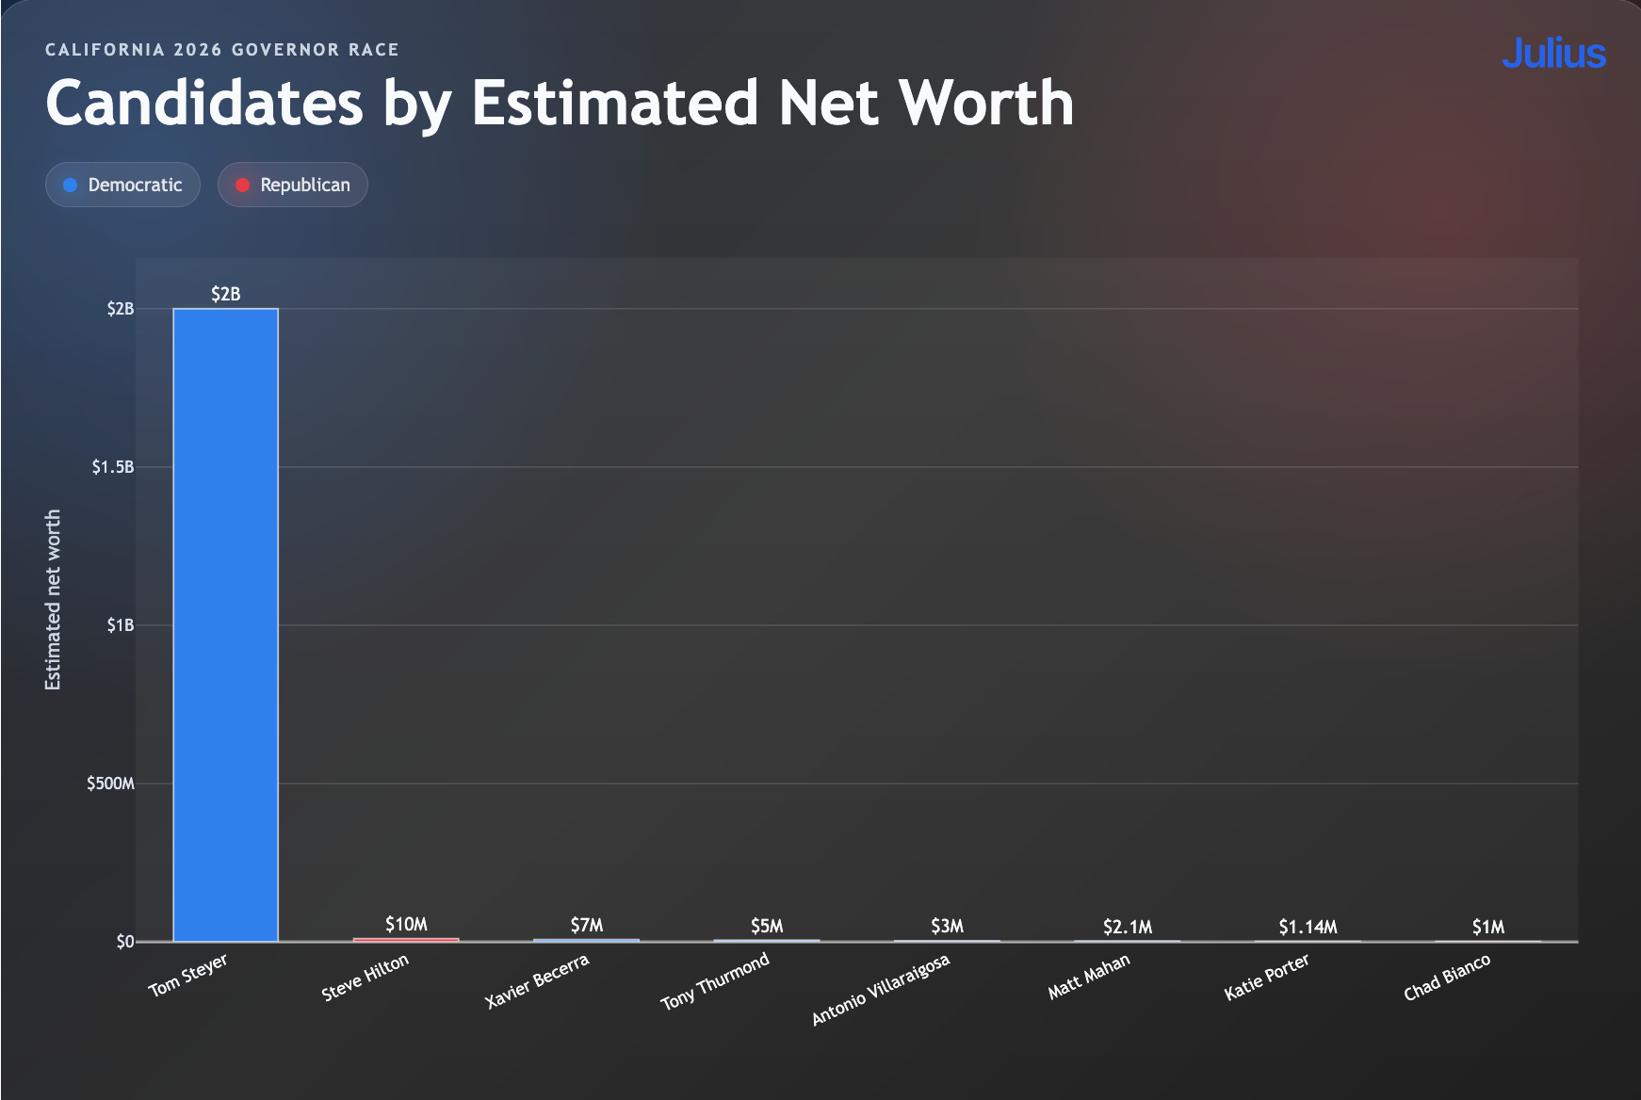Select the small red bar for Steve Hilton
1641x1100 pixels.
coord(406,939)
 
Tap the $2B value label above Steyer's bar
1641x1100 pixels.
coord(226,294)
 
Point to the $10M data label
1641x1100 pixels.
coord(406,924)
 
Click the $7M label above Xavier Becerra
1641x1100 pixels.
coord(587,925)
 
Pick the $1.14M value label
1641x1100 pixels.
coord(1308,927)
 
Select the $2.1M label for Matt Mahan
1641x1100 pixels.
coord(1128,927)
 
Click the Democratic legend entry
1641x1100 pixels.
coord(122,185)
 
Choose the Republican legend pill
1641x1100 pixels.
coord(293,185)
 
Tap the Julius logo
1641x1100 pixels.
coord(1553,54)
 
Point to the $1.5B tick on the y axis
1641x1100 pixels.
coord(113,467)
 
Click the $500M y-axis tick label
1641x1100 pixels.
coord(110,784)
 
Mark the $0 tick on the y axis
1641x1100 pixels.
coord(125,942)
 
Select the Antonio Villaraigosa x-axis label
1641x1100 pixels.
coord(881,989)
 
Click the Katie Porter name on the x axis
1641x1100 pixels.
coord(1267,978)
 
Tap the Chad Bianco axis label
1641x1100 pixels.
coord(1447,978)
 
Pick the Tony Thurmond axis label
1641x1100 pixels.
coord(715,981)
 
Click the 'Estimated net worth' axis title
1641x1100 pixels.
coord(53,600)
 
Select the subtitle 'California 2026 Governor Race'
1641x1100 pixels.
coord(222,50)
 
